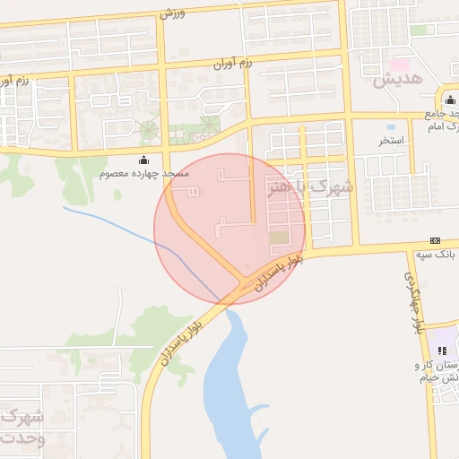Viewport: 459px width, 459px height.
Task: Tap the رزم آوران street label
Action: [x=233, y=63]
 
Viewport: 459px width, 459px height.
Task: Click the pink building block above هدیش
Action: [x=400, y=65]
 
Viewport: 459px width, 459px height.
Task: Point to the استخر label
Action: [x=392, y=141]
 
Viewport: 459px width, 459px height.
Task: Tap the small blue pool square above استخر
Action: [x=392, y=126]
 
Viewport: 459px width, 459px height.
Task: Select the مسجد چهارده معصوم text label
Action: [x=143, y=172]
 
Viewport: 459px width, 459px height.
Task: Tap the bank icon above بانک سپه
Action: [x=436, y=240]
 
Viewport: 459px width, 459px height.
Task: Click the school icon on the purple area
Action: [x=440, y=351]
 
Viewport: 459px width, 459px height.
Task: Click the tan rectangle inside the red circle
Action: [x=280, y=238]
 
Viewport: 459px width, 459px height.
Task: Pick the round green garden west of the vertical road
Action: [x=148, y=131]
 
